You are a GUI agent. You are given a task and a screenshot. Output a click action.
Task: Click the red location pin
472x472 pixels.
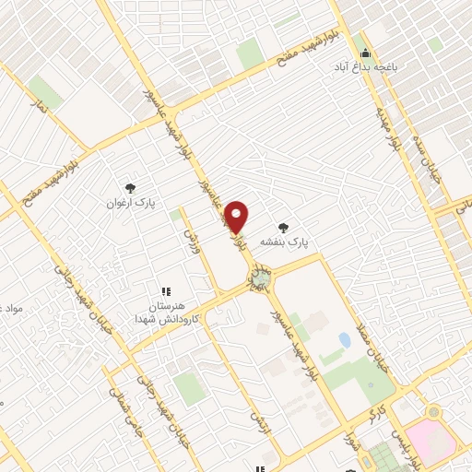coord(237,217)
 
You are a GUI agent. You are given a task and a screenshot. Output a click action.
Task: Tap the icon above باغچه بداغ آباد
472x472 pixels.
coord(365,52)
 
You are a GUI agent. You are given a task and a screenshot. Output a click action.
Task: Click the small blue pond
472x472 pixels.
coord(345,340)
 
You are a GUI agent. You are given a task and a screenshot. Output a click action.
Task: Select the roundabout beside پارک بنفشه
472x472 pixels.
coord(262,277)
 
